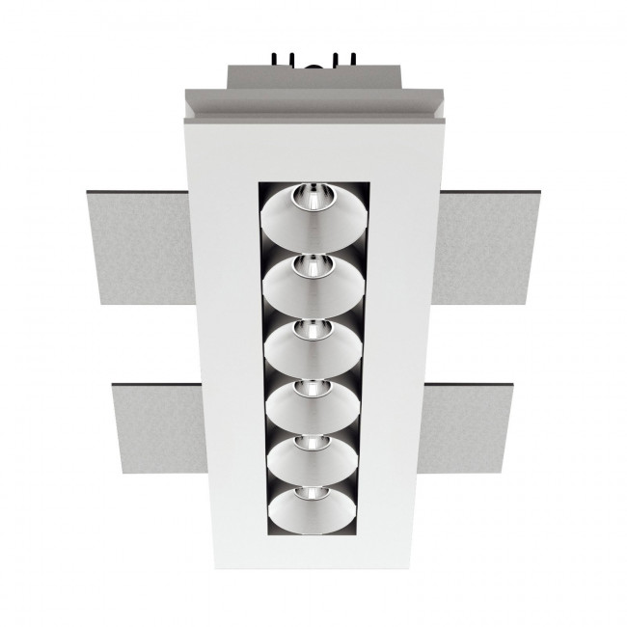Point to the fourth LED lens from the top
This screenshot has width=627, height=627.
[313, 389]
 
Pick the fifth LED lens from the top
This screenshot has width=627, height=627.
[313, 441]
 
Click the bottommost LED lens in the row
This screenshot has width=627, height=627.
[313, 495]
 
